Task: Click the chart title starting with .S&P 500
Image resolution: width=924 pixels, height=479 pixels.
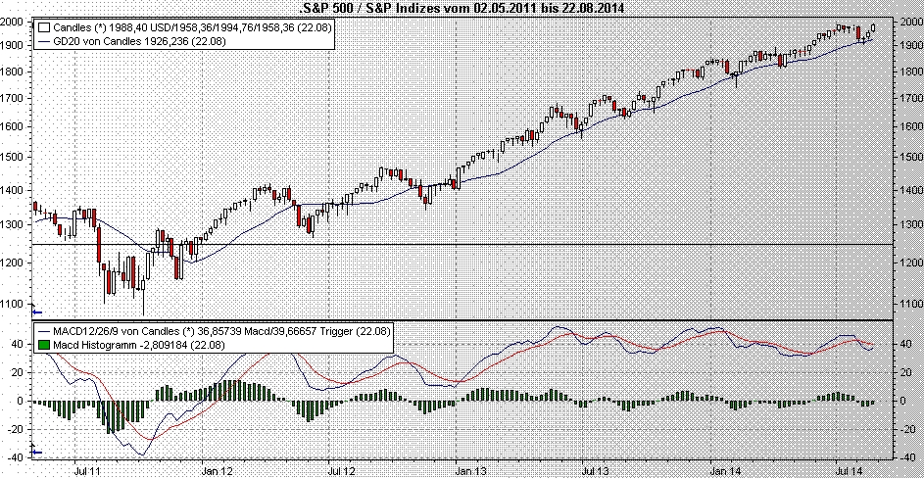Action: pos(461,7)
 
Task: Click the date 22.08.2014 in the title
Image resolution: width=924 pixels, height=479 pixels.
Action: pos(600,7)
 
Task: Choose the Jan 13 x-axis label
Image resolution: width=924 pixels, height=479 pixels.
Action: pos(463,469)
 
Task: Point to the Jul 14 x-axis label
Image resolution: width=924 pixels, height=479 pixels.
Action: pos(849,469)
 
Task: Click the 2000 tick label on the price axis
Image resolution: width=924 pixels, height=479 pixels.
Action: pos(909,19)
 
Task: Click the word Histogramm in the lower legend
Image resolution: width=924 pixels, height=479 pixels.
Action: pos(108,346)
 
